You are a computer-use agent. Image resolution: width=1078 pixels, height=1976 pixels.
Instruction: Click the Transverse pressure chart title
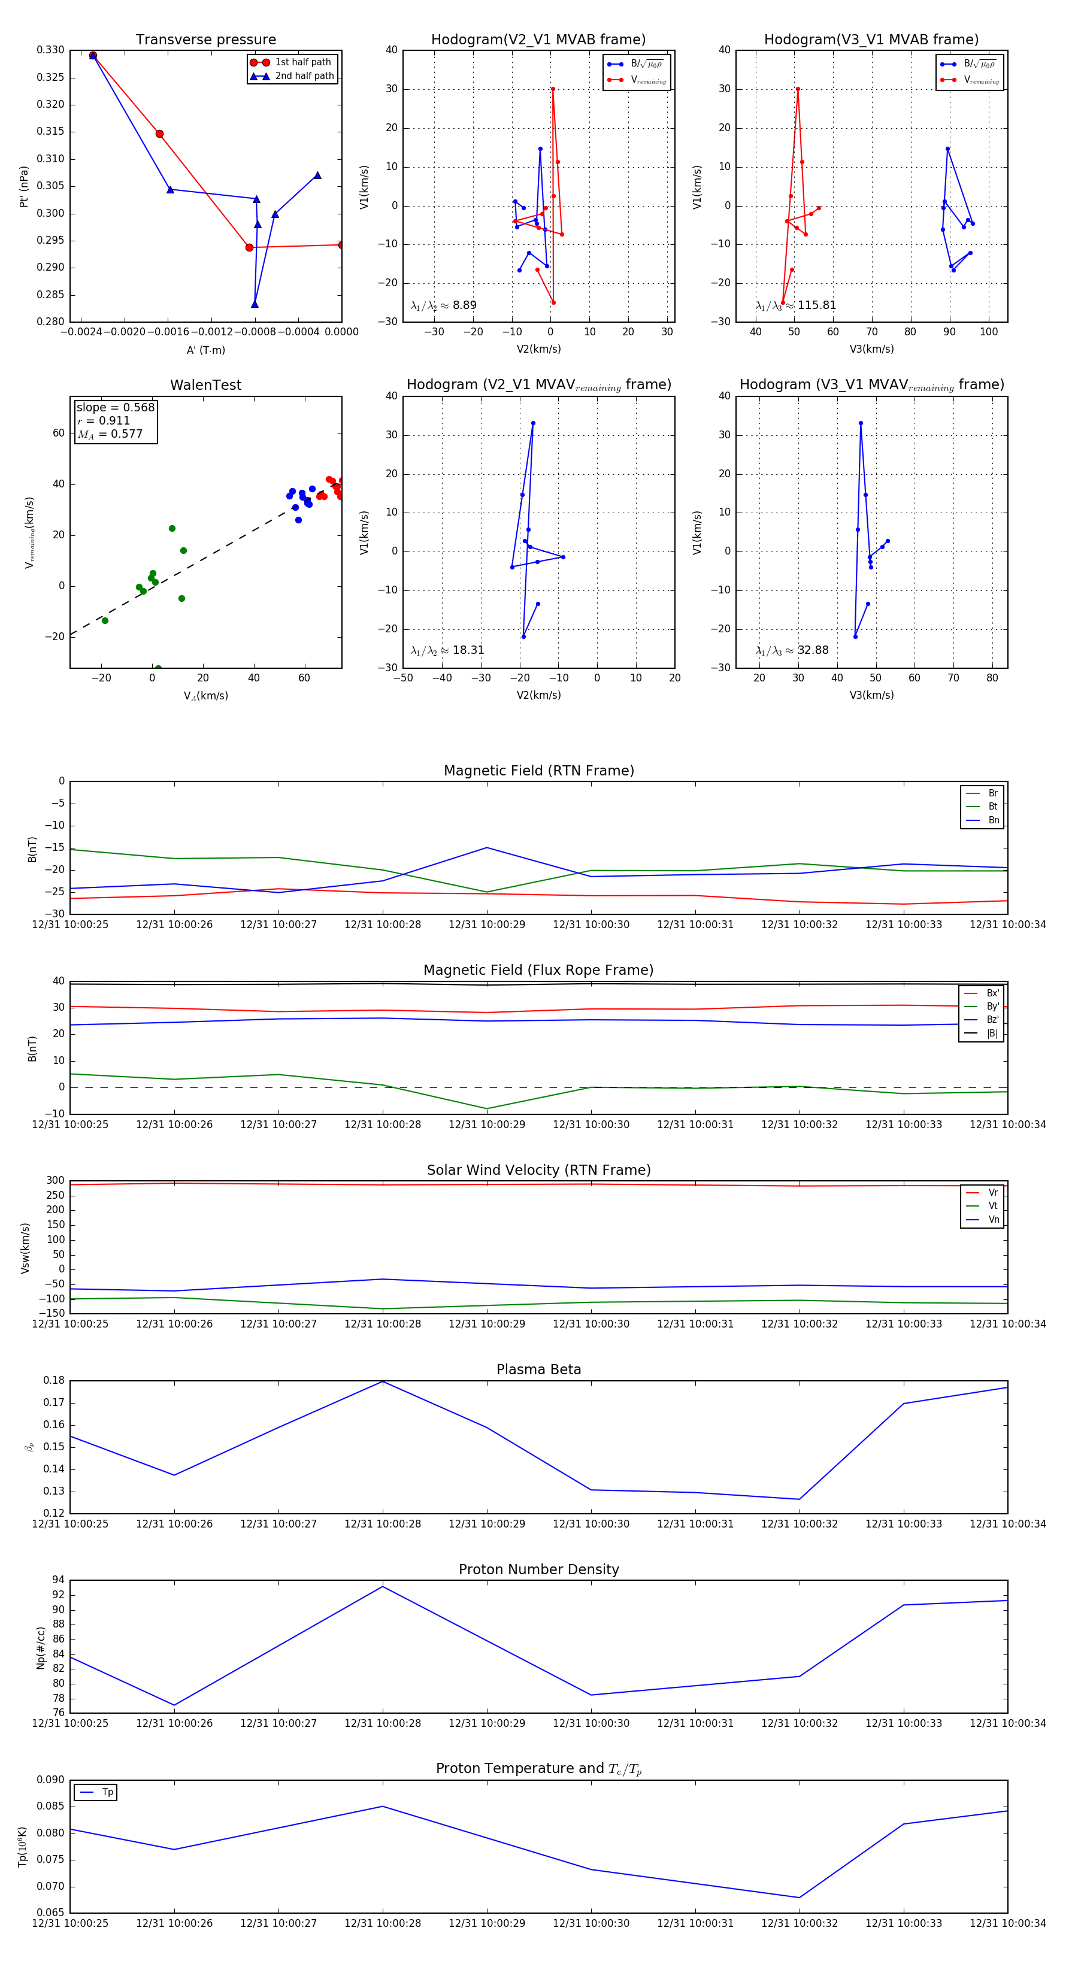tap(205, 40)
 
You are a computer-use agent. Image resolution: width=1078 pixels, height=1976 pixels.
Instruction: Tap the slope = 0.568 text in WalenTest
tap(115, 407)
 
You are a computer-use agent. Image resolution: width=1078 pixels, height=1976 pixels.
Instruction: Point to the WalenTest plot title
tap(205, 385)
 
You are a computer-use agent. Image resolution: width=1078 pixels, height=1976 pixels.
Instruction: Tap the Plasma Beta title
tap(538, 1369)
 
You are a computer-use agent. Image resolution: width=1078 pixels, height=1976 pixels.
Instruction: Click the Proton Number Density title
tap(538, 1569)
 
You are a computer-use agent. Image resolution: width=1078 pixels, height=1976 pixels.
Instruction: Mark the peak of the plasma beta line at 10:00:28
tap(383, 1381)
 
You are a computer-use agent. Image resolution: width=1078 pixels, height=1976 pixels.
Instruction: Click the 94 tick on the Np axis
tap(58, 1580)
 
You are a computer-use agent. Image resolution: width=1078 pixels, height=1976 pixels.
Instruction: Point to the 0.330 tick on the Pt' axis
tap(51, 50)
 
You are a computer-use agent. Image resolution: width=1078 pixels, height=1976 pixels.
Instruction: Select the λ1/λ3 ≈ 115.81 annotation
tap(796, 305)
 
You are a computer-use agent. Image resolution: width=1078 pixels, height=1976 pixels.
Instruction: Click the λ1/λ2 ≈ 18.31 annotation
tap(447, 650)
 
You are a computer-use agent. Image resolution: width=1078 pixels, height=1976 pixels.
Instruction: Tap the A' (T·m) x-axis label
tap(205, 350)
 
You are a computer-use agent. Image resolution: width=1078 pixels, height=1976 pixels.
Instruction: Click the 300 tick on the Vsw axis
tap(55, 1181)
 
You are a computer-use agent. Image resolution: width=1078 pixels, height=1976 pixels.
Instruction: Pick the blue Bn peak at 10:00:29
tap(486, 848)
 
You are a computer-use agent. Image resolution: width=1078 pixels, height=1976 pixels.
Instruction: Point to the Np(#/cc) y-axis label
tap(41, 1648)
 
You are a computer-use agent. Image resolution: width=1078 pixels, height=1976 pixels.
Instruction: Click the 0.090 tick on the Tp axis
tap(51, 1780)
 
